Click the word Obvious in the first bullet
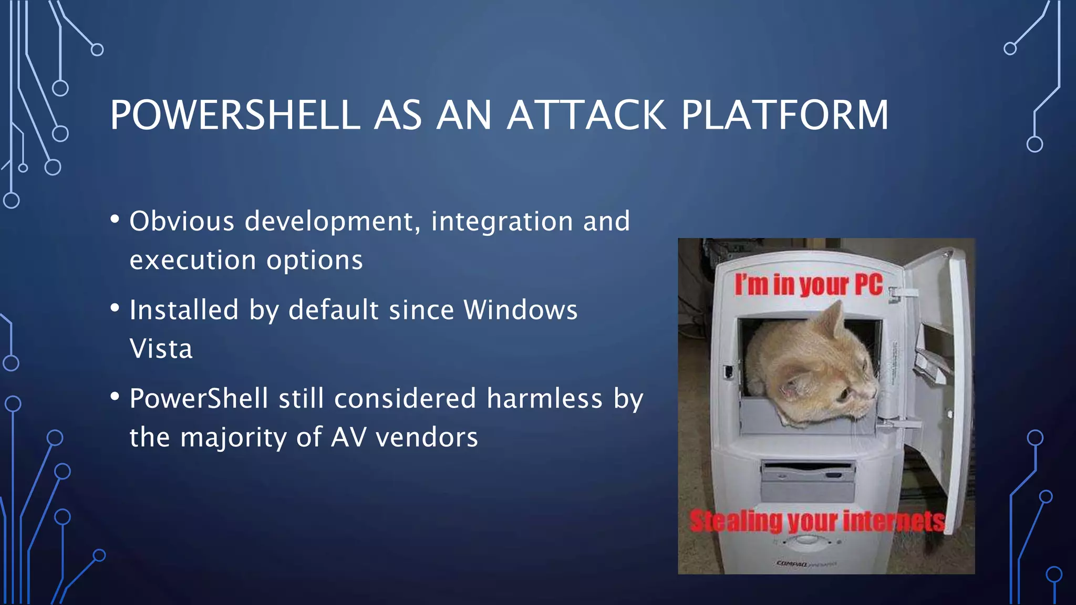point(182,221)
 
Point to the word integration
point(502,221)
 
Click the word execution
point(193,260)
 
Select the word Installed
point(184,310)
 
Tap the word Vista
point(161,349)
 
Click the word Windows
point(520,310)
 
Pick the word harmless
point(544,399)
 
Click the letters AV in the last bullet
point(348,437)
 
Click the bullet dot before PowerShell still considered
point(115,397)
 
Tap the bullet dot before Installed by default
point(115,308)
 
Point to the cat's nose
point(873,391)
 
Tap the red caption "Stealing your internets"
point(817,521)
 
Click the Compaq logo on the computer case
point(793,564)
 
